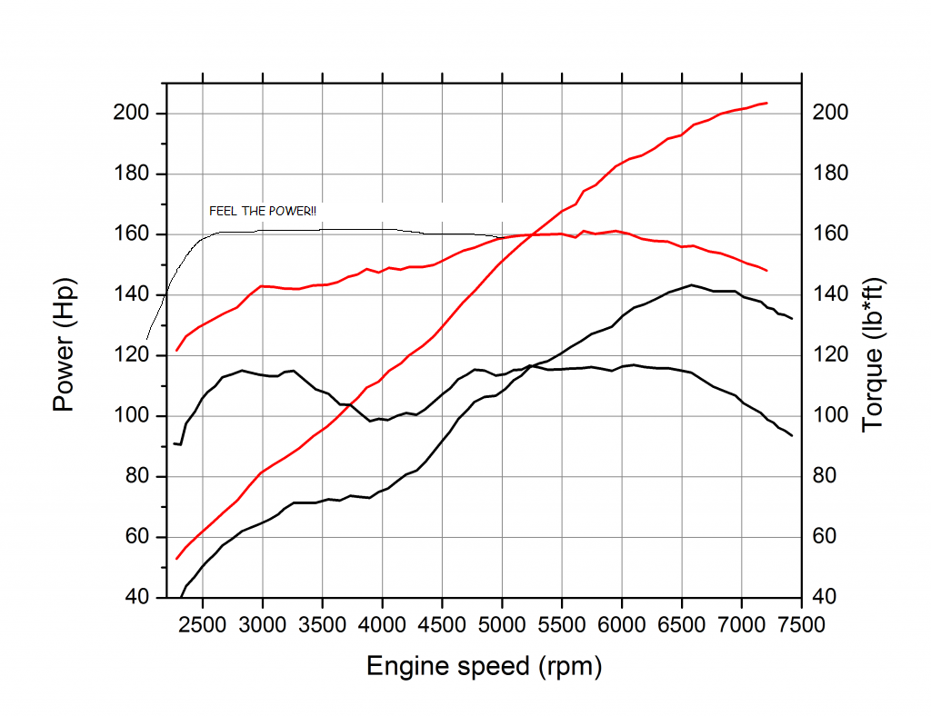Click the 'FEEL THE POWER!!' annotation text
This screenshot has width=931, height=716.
pyautogui.click(x=263, y=212)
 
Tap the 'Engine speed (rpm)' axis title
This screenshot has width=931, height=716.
pyautogui.click(x=484, y=667)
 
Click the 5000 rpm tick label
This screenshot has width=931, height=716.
pyautogui.click(x=502, y=625)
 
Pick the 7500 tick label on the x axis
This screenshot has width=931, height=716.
pyautogui.click(x=801, y=625)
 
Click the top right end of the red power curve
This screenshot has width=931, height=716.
pyautogui.click(x=767, y=103)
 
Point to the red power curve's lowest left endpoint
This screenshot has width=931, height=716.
pyautogui.click(x=176, y=559)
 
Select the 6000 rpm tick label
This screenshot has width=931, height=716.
pyautogui.click(x=622, y=625)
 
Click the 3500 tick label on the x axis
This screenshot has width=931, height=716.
pyautogui.click(x=322, y=625)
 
